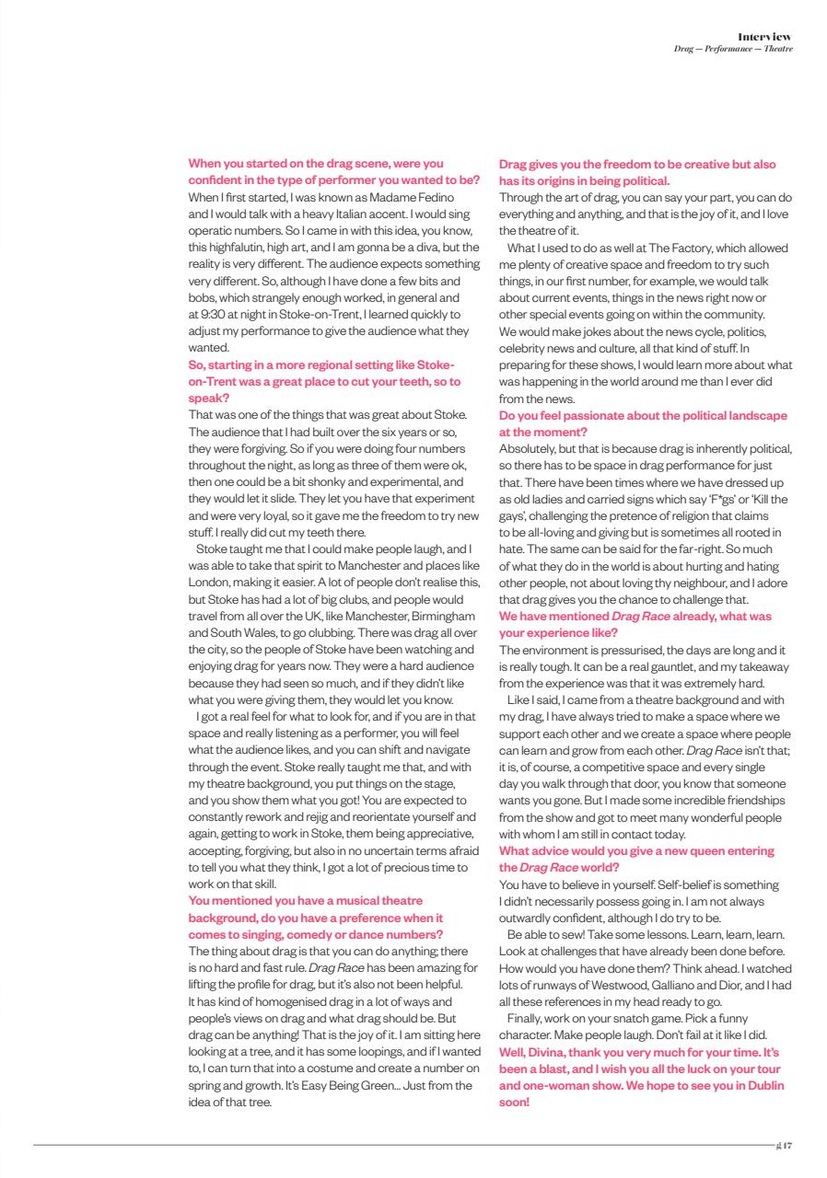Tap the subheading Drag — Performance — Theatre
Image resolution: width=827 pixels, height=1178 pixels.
tap(733, 47)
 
